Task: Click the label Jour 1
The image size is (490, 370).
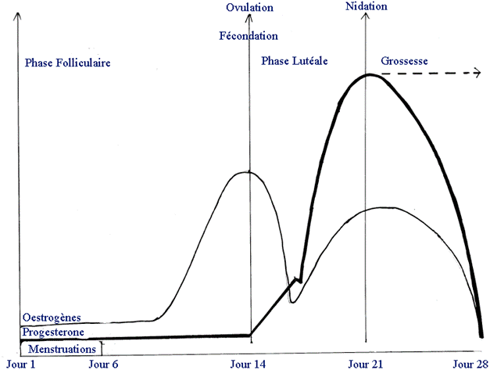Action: click(20, 364)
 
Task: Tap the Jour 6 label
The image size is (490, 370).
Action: click(104, 364)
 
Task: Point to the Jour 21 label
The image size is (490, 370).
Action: click(364, 364)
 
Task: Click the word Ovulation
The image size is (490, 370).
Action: click(250, 8)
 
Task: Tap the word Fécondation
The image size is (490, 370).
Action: click(249, 36)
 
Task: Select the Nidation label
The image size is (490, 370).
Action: click(365, 7)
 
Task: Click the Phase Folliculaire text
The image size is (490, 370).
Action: click(67, 62)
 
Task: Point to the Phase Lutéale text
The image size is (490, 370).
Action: click(295, 60)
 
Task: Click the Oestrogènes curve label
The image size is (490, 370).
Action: click(52, 318)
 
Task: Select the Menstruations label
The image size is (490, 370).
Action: click(59, 349)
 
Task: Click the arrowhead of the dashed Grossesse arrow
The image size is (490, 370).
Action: click(477, 73)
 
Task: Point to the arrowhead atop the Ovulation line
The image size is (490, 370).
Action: click(250, 20)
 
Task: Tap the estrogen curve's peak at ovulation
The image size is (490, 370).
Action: click(249, 171)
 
